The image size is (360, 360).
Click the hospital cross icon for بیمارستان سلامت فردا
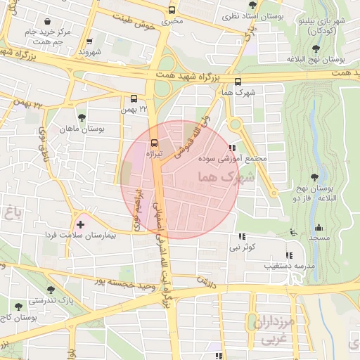[81, 224]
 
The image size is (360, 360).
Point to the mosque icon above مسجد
[319, 227]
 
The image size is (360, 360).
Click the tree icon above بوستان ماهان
[82, 118]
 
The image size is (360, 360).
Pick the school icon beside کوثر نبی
[243, 237]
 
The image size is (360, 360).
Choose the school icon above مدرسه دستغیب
[288, 255]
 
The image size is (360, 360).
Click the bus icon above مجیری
[172, 11]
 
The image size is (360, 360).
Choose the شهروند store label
[90, 52]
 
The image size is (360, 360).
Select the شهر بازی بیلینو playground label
[321, 26]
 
